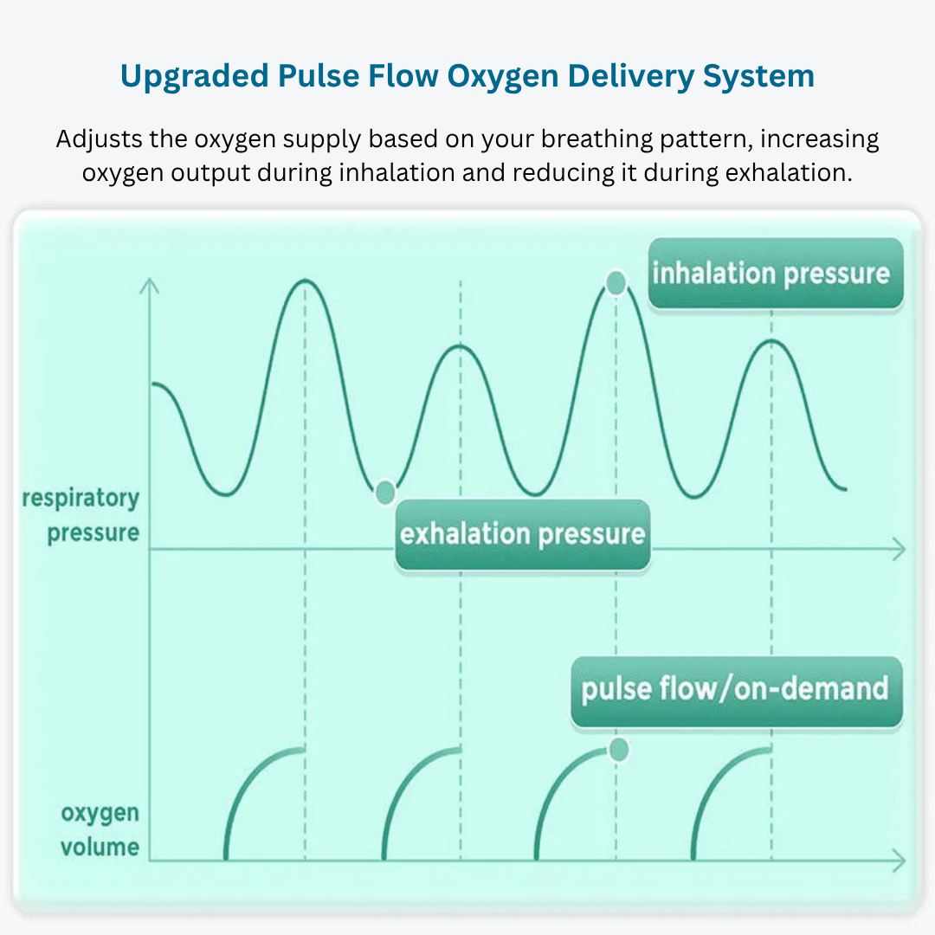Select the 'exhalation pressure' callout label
522,534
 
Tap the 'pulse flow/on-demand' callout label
735,690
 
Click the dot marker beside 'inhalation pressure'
616,282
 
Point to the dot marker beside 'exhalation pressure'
384,493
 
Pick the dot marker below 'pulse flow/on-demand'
618,750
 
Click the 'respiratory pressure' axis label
81,515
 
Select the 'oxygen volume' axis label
100,829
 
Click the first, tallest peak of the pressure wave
304,281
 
